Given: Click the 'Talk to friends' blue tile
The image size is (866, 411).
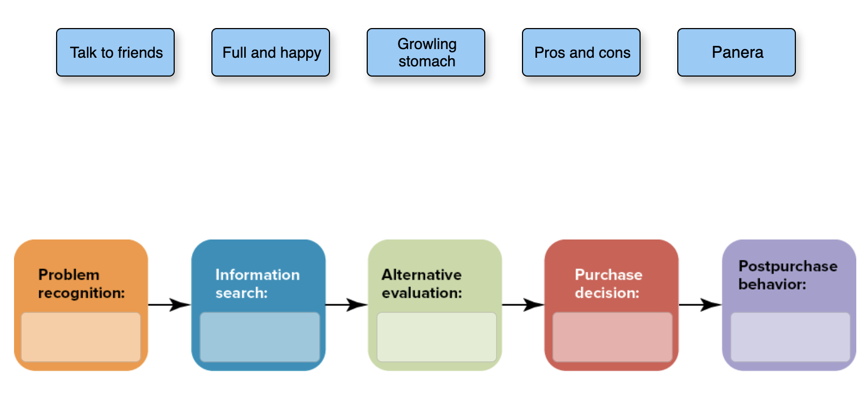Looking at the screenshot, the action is click(x=115, y=52).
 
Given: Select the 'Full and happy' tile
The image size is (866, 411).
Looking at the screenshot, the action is click(x=271, y=52).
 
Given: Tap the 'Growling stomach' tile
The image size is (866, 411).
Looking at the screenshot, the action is click(x=426, y=52).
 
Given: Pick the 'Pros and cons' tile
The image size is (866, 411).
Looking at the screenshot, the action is click(x=581, y=52).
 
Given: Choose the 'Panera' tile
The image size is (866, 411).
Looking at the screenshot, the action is click(x=737, y=52).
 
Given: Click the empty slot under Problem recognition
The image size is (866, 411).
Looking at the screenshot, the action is click(x=81, y=337).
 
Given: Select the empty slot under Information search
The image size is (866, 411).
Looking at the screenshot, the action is click(x=260, y=337).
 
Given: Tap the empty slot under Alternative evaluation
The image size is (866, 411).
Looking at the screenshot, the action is click(x=436, y=337).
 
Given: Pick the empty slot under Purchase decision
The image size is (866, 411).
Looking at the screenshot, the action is click(x=613, y=337).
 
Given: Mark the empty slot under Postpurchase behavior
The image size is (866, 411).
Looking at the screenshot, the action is click(x=790, y=337).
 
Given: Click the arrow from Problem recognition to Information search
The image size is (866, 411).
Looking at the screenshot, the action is click(x=170, y=305).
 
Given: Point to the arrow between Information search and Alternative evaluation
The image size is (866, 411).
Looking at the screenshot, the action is click(x=347, y=305).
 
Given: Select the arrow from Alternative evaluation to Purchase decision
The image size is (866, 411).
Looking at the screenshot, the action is click(x=524, y=305).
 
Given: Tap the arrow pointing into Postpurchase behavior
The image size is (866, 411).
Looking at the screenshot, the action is click(x=700, y=305).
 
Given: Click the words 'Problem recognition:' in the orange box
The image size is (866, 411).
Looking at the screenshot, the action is click(x=81, y=284).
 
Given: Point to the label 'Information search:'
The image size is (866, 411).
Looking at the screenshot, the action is click(x=257, y=284).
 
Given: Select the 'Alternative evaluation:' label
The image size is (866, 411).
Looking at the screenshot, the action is click(x=422, y=284).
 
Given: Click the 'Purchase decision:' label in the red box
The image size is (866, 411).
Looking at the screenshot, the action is click(x=608, y=284).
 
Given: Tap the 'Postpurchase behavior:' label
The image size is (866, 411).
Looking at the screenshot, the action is click(x=787, y=275).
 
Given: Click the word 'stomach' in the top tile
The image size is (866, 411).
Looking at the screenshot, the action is click(x=427, y=61).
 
